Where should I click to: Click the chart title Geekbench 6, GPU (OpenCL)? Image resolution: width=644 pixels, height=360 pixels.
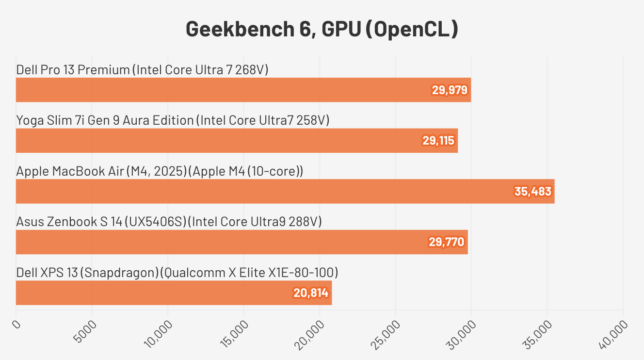(x=322, y=29)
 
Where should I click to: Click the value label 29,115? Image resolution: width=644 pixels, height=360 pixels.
(x=438, y=141)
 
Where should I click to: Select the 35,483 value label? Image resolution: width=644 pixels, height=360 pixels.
(x=533, y=192)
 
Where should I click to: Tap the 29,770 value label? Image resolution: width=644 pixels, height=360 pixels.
(x=446, y=242)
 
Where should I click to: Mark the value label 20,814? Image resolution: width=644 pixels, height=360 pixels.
(x=311, y=293)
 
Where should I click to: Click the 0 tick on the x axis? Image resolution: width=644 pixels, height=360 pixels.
(x=17, y=324)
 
